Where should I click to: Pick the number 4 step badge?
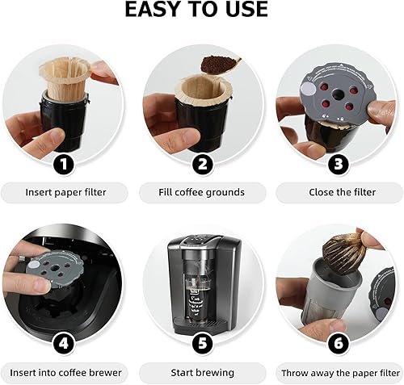coord(65,342)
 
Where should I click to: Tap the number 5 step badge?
coord(203,342)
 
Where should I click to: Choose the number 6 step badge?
coord(339,342)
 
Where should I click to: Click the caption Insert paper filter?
coord(65,192)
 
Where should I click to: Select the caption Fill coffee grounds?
coord(202,192)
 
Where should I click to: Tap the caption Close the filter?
coord(339,192)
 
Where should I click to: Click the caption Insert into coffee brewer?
coord(65,372)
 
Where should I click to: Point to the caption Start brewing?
coord(202,372)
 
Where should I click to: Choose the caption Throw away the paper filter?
coord(339,372)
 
